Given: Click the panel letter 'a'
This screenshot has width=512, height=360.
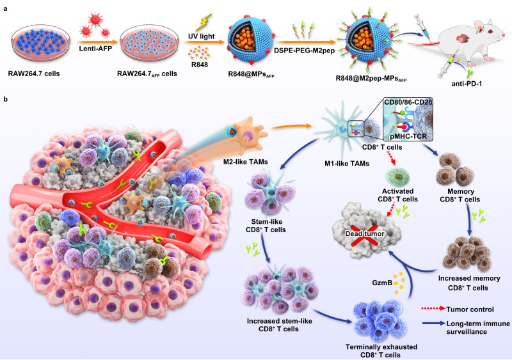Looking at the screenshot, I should (x=4, y=4).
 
